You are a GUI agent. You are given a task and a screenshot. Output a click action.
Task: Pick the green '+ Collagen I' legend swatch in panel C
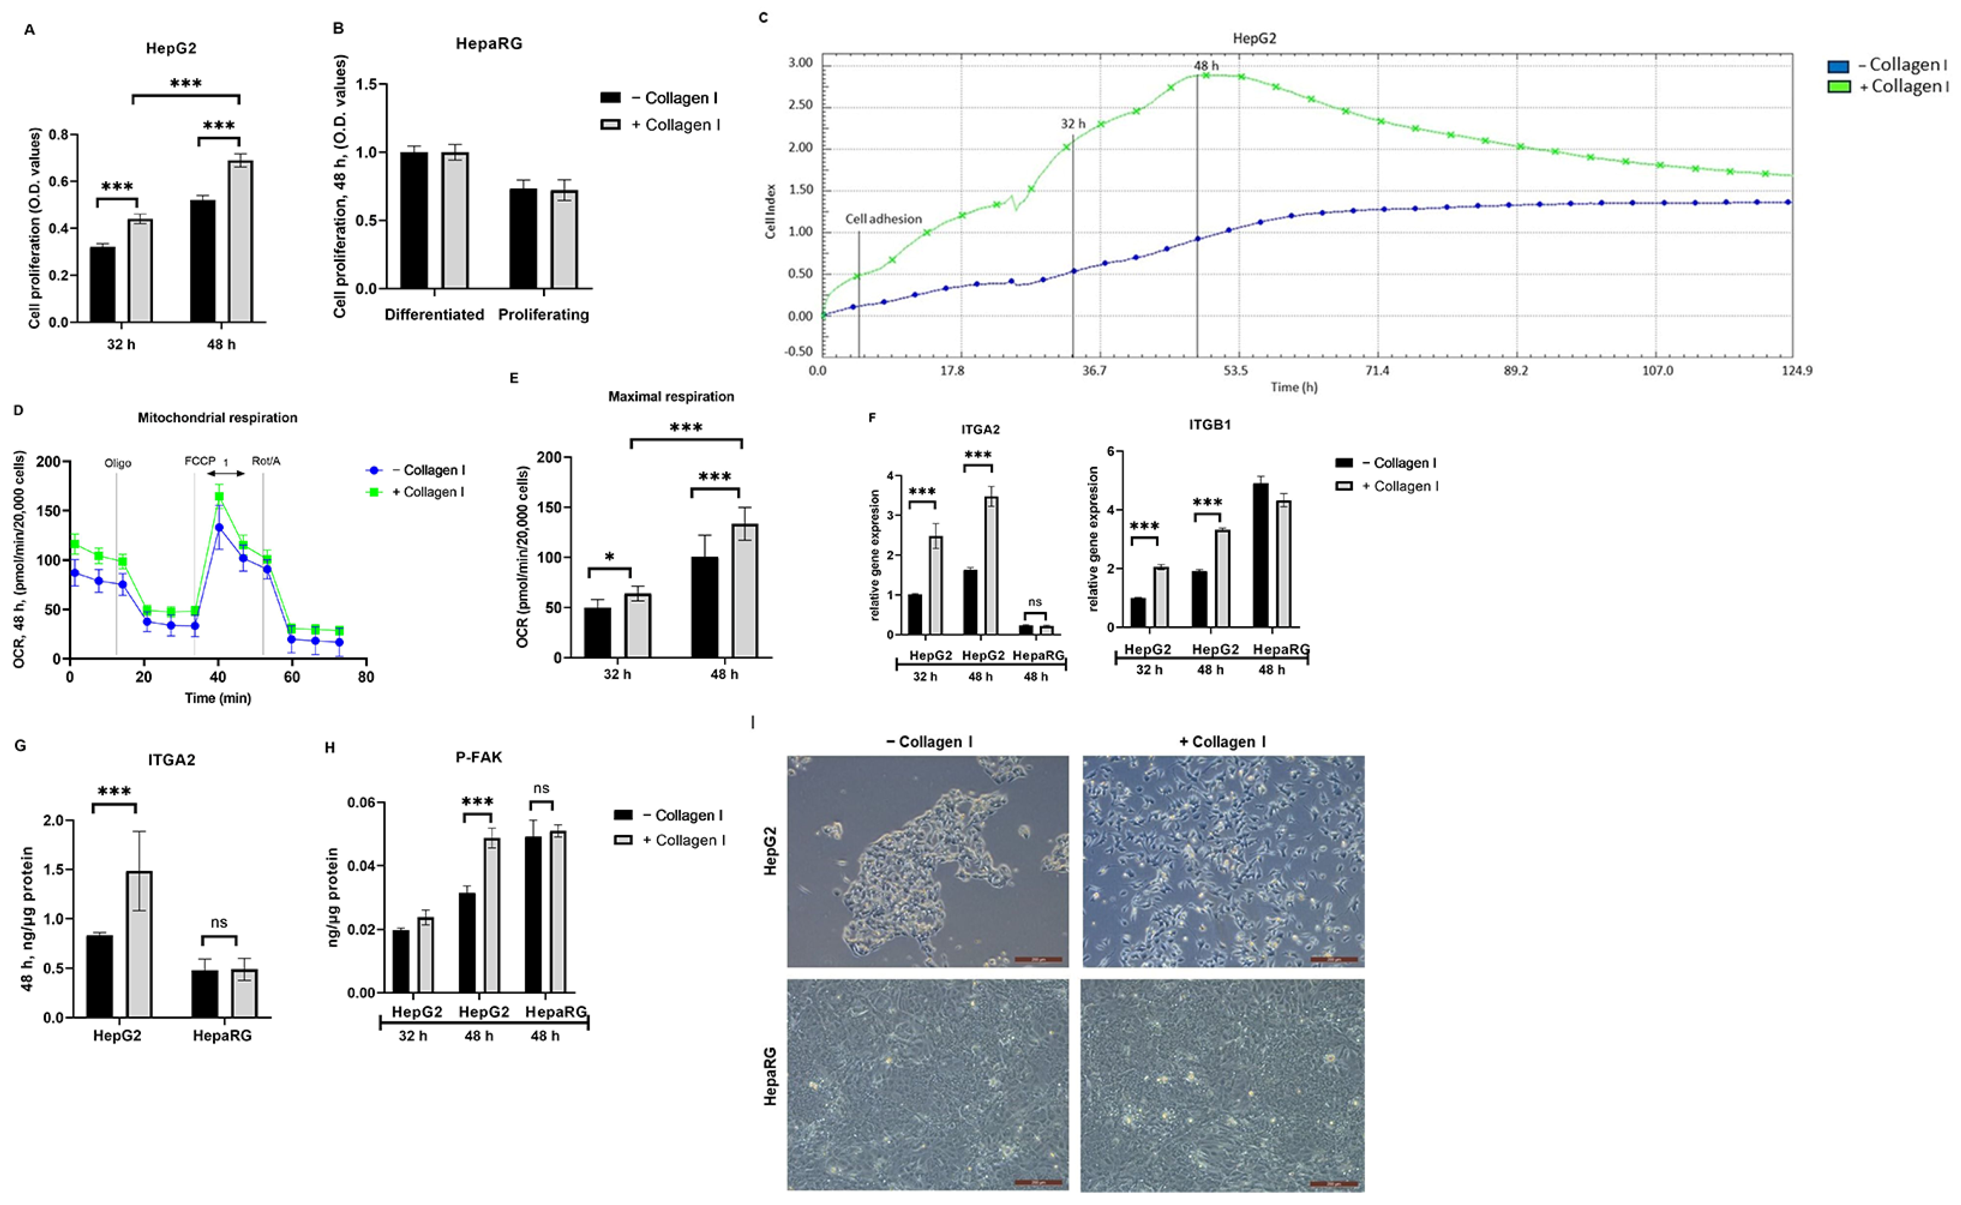[x=1838, y=86]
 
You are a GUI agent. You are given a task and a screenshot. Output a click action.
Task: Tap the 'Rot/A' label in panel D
[x=265, y=461]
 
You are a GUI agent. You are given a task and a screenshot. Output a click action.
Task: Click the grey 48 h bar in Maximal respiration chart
[x=745, y=590]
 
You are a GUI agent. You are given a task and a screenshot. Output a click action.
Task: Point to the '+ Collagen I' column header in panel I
[x=1222, y=742]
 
